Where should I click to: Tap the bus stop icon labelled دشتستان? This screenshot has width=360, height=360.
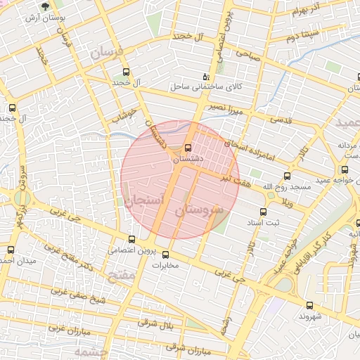(x=187, y=148)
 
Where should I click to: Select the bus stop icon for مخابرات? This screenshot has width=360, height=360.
(x=166, y=255)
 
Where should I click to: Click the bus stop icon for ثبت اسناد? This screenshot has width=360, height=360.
(x=263, y=212)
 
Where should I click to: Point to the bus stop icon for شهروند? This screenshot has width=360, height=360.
(x=309, y=304)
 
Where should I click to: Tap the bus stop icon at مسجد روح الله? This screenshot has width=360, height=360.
(x=287, y=176)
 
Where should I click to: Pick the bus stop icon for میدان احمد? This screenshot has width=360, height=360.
(x=11, y=250)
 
